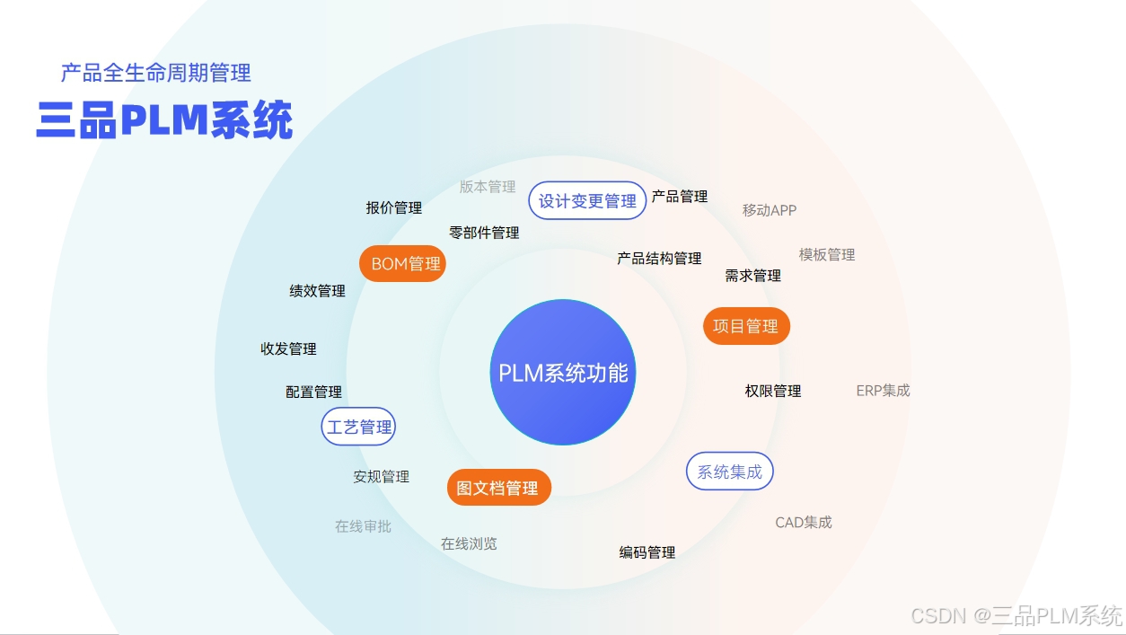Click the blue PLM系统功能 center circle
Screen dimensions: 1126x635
pyautogui.click(x=563, y=372)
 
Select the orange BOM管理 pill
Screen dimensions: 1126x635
pyautogui.click(x=403, y=264)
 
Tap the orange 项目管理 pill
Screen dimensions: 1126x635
pyautogui.click(x=745, y=326)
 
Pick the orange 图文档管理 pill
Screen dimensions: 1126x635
pyautogui.click(x=498, y=488)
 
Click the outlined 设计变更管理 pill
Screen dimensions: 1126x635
pyautogui.click(x=587, y=201)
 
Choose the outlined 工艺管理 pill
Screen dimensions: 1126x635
pyautogui.click(x=358, y=427)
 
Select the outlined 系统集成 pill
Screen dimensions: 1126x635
pyautogui.click(x=729, y=472)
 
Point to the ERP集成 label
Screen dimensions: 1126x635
pyautogui.click(x=883, y=391)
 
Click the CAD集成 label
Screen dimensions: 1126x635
pyautogui.click(x=803, y=522)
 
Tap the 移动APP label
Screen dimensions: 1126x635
pyautogui.click(x=769, y=210)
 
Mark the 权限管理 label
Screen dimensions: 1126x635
pyautogui.click(x=772, y=391)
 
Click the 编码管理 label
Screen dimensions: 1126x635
pyautogui.click(x=647, y=552)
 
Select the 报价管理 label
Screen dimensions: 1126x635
pyautogui.click(x=393, y=207)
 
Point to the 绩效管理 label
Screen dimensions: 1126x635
pyautogui.click(x=317, y=291)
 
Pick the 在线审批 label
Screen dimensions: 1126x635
pyautogui.click(x=363, y=526)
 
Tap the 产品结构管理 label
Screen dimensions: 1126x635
pyautogui.click(x=659, y=259)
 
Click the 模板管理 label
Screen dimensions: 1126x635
pyautogui.click(x=826, y=254)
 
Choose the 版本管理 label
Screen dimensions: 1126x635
pyautogui.click(x=488, y=187)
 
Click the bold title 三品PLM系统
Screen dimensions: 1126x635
pyautogui.click(x=164, y=121)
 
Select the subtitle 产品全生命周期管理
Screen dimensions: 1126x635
pyautogui.click(x=155, y=73)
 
